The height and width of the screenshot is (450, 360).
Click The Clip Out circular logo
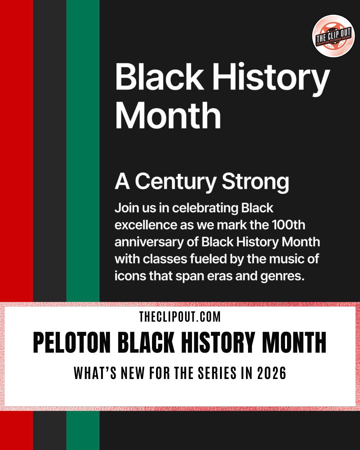pyautogui.click(x=333, y=36)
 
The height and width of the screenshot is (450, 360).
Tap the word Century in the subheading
pyautogui.click(x=176, y=182)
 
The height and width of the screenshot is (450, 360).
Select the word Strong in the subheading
pyautogui.click(x=255, y=182)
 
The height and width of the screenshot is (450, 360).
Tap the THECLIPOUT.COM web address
pyautogui.click(x=180, y=317)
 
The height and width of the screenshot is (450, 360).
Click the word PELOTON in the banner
pyautogui.click(x=72, y=343)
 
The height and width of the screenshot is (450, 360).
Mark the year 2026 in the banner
pyautogui.click(x=272, y=373)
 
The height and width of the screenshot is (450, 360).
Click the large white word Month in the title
pyautogui.click(x=168, y=115)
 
